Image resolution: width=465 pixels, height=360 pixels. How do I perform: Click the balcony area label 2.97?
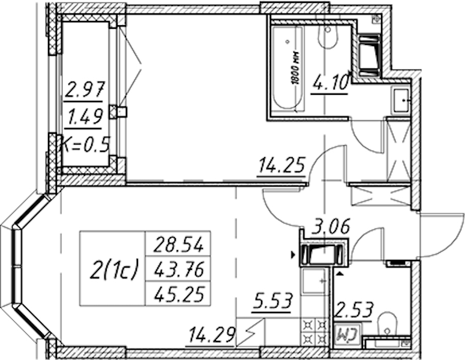point(85,89)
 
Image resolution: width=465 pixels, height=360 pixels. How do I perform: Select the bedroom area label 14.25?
point(282,165)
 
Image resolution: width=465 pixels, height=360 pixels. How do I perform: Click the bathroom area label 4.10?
point(330,82)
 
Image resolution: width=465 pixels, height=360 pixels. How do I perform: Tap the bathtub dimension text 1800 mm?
point(296,68)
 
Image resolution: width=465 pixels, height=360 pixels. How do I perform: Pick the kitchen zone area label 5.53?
point(272,302)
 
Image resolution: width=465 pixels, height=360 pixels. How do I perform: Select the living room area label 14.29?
point(212,335)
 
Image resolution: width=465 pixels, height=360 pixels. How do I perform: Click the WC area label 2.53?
point(353,311)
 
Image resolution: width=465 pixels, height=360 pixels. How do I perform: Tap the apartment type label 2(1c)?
point(114,269)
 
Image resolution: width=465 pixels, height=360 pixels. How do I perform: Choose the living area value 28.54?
point(178,244)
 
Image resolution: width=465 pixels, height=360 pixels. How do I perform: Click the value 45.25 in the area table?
point(179,294)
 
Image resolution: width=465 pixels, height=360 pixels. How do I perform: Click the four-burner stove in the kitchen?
point(314,332)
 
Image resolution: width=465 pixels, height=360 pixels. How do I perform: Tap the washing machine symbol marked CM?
point(348,335)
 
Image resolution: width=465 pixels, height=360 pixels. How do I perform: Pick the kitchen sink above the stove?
point(314,281)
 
